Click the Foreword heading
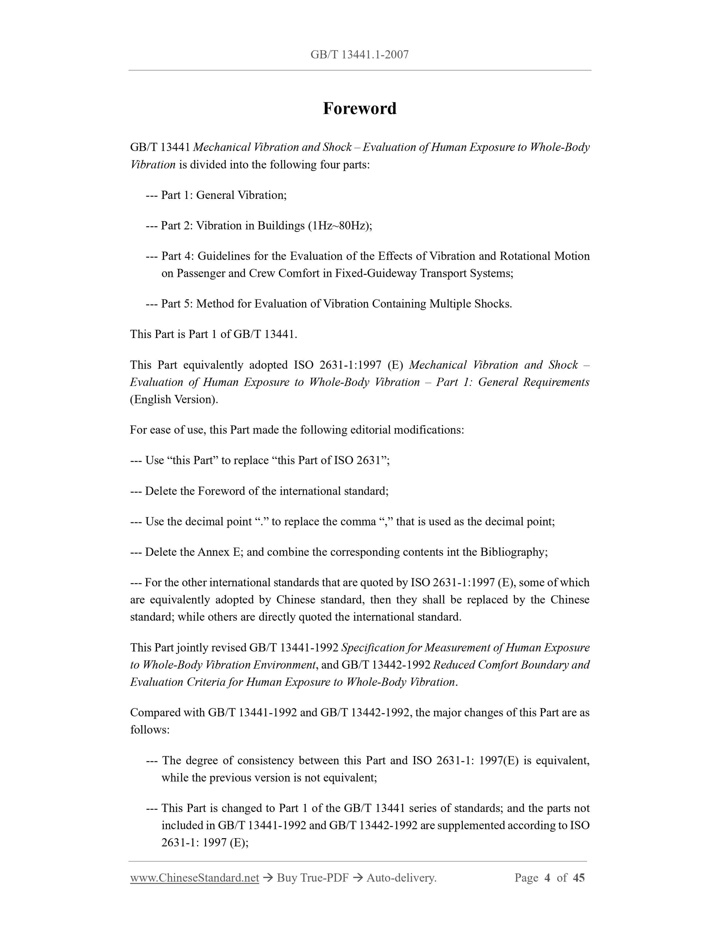click(x=360, y=109)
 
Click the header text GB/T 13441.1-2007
click(x=360, y=55)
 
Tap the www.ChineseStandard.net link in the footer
click(x=195, y=877)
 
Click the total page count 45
click(x=579, y=877)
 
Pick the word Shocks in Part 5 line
click(x=495, y=304)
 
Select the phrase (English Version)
click(x=174, y=399)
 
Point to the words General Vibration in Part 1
click(x=241, y=195)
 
